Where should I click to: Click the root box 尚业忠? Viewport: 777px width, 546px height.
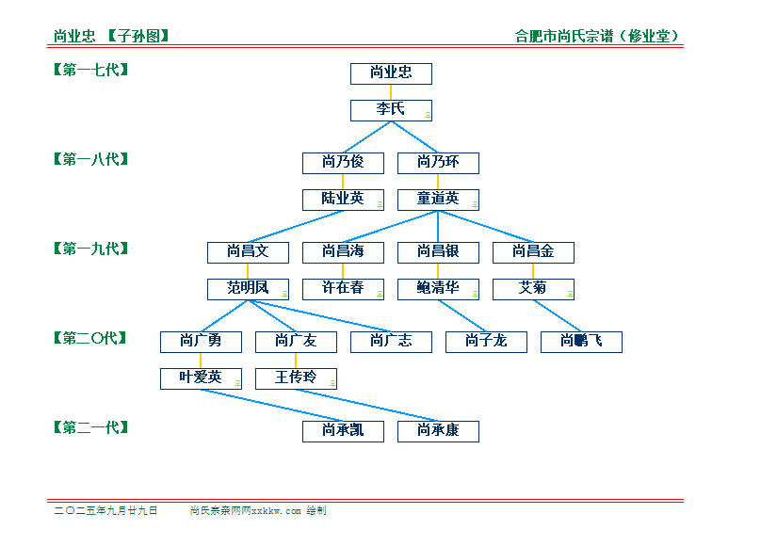pos(391,73)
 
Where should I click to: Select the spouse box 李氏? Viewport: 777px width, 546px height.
pos(391,110)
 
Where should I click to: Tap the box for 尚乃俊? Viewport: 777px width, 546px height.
pos(344,163)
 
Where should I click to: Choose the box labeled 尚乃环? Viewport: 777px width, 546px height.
pos(439,163)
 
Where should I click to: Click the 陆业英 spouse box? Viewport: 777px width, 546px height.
pos(344,200)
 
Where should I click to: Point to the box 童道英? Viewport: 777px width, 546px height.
pos(439,200)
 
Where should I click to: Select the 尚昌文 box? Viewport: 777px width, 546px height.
pos(249,252)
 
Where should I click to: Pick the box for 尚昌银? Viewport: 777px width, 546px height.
pos(439,252)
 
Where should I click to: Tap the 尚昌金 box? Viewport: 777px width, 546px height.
pos(534,252)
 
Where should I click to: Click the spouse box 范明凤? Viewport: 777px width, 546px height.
pos(249,289)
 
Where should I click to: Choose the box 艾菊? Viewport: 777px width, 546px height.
pos(534,289)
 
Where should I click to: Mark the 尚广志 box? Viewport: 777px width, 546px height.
pos(391,342)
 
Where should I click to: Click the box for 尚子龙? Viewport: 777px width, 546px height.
pos(486,342)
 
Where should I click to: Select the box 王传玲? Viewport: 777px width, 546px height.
pos(296,378)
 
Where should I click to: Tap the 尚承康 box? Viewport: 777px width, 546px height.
pos(439,431)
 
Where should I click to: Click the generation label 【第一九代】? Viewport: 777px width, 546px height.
pos(91,249)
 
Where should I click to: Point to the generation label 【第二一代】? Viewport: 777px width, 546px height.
pos(91,427)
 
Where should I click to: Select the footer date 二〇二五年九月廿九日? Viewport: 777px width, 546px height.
pos(106,510)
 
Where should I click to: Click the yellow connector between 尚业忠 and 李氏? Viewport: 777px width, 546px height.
pos(391,92)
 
